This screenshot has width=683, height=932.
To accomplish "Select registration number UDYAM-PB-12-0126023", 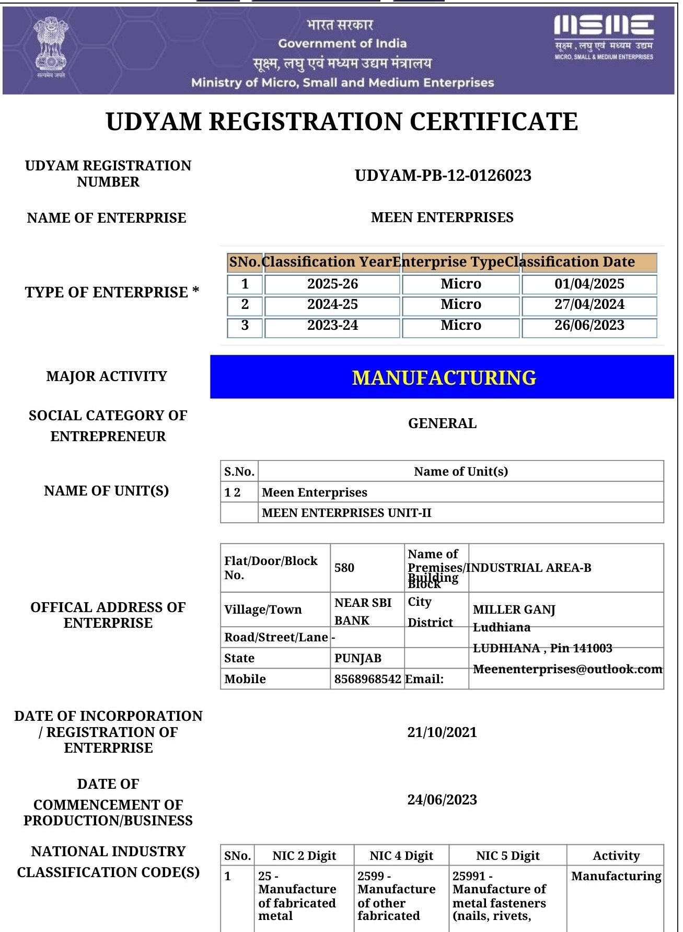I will point(443,175).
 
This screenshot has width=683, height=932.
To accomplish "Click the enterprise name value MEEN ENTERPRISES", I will point(442,217).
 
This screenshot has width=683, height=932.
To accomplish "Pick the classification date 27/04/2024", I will point(589,304).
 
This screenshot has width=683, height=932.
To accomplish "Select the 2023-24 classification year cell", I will point(332,325).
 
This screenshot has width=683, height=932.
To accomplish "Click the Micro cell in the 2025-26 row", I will point(460,284).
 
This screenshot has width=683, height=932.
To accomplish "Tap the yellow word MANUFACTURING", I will point(444,377).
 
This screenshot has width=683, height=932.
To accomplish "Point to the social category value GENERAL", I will point(442,423).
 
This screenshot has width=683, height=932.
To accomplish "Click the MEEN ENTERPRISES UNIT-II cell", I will point(346,513).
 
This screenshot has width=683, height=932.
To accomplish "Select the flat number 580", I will point(344,568).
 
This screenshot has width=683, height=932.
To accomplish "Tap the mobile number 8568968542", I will point(367,679).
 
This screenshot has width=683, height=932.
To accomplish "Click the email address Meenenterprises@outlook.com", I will point(568,669).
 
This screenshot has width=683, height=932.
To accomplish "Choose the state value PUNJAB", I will point(357,658).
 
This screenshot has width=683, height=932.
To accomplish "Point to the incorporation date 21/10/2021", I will point(442,732).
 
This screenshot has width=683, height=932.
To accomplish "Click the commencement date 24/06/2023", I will point(442,800).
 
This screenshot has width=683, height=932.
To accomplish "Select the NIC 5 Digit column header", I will point(507,856).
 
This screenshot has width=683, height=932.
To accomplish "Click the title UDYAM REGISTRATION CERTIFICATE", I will point(342,122).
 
